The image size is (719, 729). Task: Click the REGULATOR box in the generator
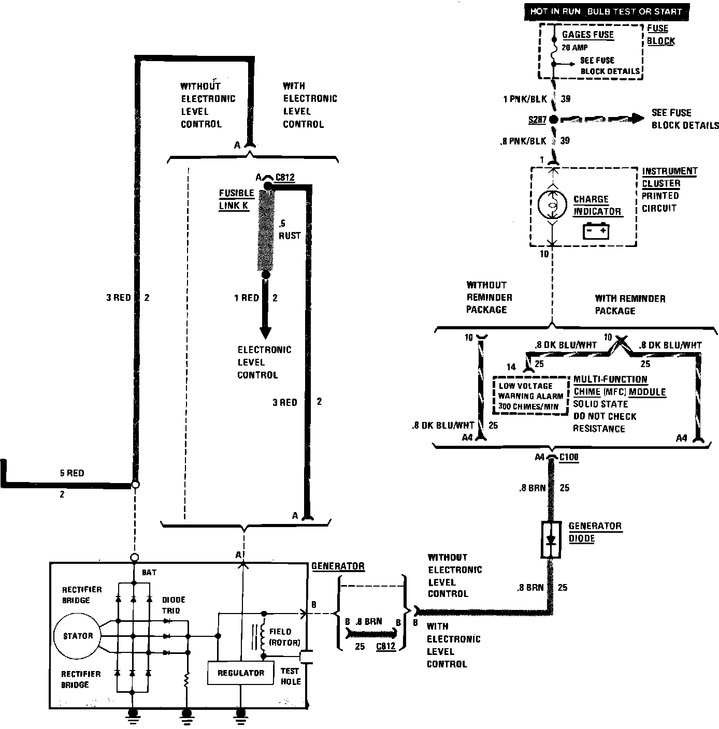coord(240,673)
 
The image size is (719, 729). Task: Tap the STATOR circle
coord(78,636)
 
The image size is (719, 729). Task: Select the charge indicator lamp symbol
coord(552,205)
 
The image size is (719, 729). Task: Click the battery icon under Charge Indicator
coord(596,231)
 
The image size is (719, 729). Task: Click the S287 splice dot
coord(554,120)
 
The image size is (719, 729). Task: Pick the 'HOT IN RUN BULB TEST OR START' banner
coord(607,12)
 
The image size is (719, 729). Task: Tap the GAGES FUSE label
coord(587,34)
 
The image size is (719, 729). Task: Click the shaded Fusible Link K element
coord(266,230)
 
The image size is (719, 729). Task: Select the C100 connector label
coord(569,457)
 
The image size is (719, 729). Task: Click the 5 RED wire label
coord(72,473)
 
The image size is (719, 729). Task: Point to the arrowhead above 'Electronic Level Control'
coord(265,333)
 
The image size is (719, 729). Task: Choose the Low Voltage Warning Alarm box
coord(530,396)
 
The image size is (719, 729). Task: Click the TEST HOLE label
coord(291,676)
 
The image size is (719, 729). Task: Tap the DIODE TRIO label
coord(174,605)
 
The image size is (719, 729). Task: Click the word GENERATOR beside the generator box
coord(338,566)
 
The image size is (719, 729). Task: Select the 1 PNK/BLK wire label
coord(525,99)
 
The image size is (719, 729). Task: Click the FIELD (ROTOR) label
coord(284,637)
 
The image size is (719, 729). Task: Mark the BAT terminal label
coord(149,573)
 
